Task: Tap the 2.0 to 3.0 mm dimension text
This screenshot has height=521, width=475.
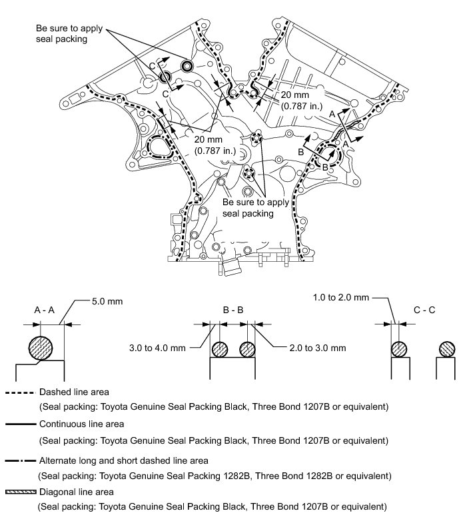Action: [x=318, y=347]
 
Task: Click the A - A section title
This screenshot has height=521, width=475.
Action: [x=45, y=310]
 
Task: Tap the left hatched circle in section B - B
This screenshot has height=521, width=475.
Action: [x=221, y=350]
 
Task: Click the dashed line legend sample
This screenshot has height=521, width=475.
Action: [x=19, y=393]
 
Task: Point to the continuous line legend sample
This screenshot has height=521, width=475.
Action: [x=19, y=424]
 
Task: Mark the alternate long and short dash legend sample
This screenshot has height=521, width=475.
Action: [x=19, y=460]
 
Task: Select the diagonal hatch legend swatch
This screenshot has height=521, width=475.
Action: [x=19, y=492]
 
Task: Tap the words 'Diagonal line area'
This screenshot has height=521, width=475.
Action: [x=75, y=492]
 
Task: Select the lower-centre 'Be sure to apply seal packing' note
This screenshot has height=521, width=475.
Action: [x=248, y=207]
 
